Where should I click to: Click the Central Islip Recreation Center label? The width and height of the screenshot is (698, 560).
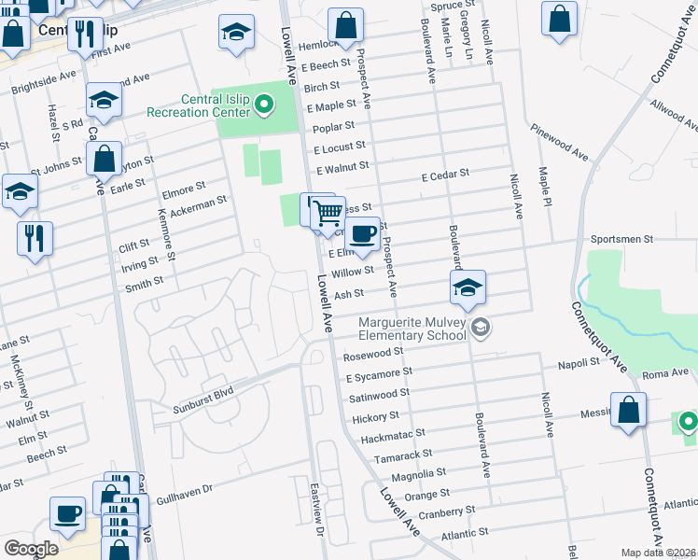[198, 105]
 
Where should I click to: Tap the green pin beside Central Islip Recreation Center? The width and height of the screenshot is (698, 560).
[263, 105]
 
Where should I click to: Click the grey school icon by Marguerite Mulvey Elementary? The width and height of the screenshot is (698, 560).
[480, 327]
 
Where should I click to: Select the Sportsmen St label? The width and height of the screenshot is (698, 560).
[624, 239]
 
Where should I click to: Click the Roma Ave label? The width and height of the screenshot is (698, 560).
[663, 372]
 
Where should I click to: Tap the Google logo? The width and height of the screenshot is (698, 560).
[31, 549]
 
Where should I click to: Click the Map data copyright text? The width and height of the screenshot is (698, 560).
[659, 553]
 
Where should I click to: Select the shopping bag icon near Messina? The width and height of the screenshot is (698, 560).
[628, 409]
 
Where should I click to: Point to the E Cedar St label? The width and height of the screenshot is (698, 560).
[444, 175]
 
